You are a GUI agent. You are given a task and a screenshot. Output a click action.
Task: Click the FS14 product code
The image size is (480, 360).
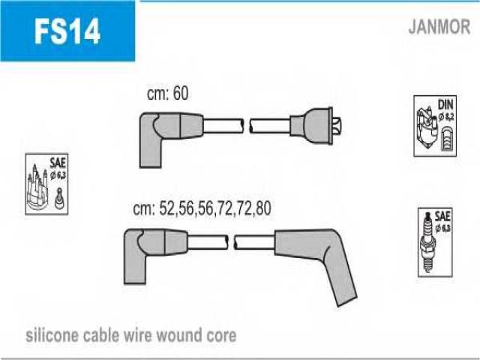point(67,31)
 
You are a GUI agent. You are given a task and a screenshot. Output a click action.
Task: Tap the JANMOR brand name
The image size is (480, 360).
point(439,27)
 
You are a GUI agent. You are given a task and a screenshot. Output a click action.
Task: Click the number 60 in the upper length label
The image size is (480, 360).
point(181,93)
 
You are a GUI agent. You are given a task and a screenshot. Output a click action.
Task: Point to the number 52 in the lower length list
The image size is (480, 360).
point(167,208)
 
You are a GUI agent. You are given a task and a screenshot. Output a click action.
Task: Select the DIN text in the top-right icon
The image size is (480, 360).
point(445,105)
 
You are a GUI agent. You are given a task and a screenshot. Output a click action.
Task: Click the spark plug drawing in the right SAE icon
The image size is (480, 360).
point(427,241)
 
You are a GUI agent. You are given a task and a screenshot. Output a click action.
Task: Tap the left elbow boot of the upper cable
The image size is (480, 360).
point(170,138)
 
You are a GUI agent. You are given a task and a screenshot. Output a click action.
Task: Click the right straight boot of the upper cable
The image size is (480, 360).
point(311,125)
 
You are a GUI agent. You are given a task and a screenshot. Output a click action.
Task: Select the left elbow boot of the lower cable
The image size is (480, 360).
point(154,255)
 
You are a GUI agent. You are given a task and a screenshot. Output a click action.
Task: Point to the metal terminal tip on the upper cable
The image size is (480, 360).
point(337,126)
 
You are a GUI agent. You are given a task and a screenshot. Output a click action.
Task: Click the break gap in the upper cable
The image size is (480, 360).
point(247,126)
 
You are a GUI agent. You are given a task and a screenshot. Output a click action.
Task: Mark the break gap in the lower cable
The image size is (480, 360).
point(231,242)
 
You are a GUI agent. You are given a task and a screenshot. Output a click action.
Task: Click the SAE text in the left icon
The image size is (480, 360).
point(58,163)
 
